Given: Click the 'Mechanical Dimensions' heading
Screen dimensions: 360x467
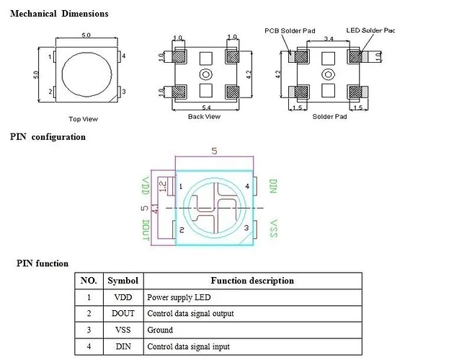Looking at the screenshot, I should (59, 14).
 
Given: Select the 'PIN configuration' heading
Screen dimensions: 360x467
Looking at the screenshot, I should (48, 136).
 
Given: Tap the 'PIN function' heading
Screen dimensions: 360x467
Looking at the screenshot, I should (43, 263).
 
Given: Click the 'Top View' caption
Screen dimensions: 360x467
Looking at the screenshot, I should (83, 119).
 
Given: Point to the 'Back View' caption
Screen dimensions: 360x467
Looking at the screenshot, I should (203, 116).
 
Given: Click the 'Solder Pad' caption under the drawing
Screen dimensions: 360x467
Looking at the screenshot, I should (329, 116).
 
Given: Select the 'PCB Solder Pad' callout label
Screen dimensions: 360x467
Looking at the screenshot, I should (288, 30).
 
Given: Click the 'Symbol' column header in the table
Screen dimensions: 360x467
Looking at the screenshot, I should (122, 281).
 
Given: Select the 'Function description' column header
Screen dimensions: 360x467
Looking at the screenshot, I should (252, 281).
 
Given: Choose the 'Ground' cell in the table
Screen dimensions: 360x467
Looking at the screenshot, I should (160, 330).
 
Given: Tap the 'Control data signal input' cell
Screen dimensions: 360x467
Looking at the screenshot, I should (190, 346).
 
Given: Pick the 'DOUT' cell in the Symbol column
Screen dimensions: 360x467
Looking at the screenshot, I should (122, 313).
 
